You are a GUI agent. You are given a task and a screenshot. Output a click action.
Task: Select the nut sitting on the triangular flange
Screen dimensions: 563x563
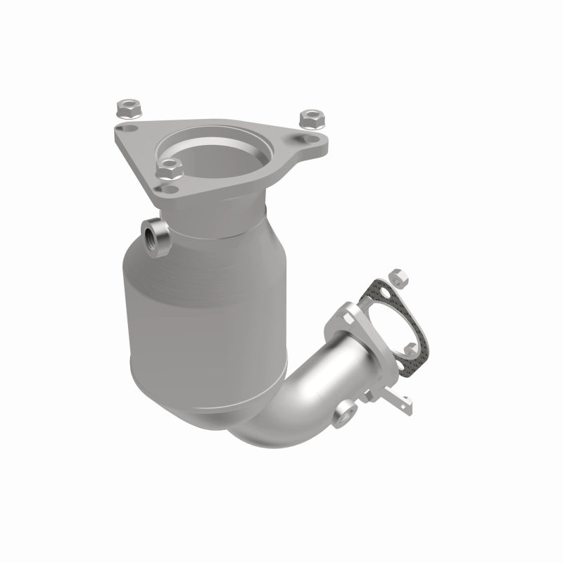169,167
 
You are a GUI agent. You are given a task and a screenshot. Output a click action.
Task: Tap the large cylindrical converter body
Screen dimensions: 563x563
204,310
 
